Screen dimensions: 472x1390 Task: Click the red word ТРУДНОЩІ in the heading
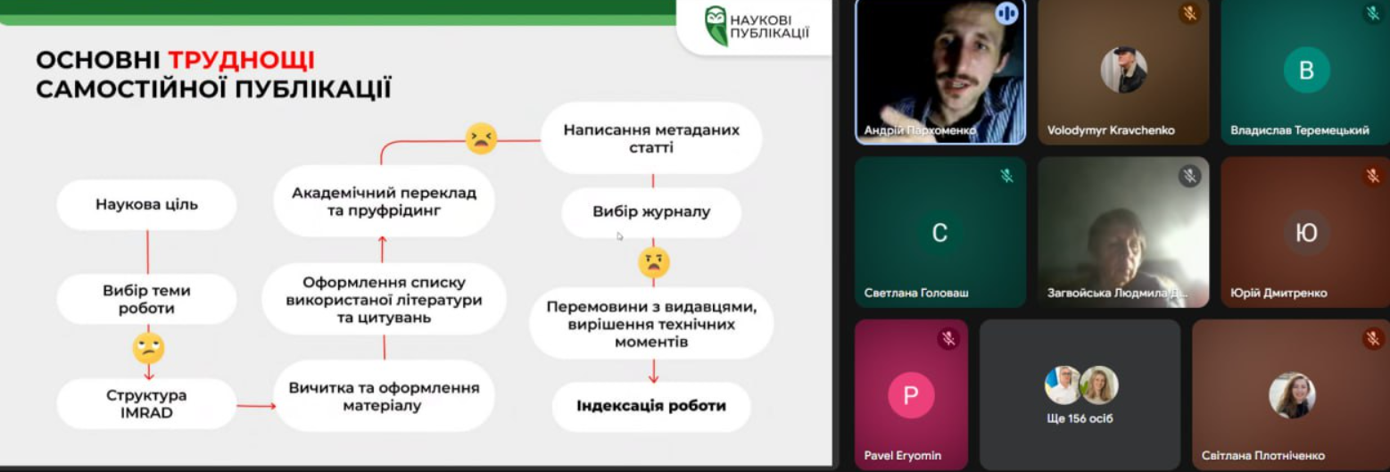241,61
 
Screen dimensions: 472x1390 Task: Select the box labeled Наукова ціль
146,205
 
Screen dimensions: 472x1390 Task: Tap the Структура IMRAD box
146,404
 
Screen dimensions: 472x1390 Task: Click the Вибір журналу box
651,212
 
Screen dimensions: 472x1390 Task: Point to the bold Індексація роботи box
651,406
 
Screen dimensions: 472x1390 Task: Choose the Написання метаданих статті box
651,138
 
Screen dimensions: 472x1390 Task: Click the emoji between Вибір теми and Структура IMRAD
148,347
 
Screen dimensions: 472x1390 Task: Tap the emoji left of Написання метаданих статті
481,138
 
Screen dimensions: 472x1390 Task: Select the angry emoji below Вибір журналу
653,262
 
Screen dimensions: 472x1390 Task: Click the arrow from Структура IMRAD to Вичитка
256,406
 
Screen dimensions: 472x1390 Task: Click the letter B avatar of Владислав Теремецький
1306,70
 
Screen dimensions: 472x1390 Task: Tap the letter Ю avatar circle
1306,234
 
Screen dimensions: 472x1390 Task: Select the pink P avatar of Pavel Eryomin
911,395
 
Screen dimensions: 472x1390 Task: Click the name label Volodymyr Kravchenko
1111,130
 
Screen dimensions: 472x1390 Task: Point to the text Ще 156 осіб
1080,418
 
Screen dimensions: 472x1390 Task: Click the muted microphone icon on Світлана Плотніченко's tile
1373,338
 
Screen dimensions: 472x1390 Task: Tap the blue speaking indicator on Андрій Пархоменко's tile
1006,13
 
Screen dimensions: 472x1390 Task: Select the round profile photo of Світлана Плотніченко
1292,395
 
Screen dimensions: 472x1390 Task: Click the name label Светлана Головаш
916,293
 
